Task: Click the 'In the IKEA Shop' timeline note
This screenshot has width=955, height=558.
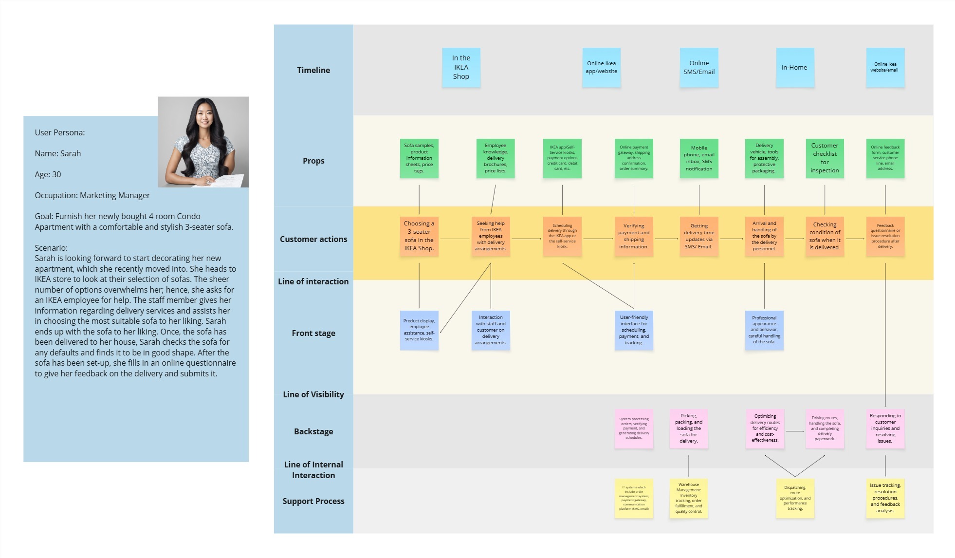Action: [x=461, y=67]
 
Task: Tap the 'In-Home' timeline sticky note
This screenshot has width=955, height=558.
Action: [x=794, y=67]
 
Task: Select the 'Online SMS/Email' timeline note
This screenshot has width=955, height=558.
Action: [x=699, y=67]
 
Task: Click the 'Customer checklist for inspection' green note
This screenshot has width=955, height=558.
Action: [x=825, y=158]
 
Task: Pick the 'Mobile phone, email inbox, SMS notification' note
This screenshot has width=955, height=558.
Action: [x=699, y=158]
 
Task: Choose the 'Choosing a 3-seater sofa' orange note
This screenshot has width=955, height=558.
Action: [x=419, y=236]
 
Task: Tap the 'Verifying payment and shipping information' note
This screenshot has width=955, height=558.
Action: [x=634, y=236]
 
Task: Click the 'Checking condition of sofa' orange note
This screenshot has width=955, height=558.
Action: [x=825, y=236]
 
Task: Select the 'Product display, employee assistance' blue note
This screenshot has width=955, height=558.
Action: [x=419, y=330]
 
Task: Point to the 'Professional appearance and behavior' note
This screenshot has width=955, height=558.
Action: [x=764, y=330]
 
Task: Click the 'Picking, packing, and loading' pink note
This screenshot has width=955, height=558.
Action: [x=689, y=428]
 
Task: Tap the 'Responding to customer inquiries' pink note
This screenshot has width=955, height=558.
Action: [x=885, y=428]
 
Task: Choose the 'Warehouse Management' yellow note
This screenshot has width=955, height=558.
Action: [x=689, y=498]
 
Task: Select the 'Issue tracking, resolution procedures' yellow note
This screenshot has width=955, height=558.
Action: [x=885, y=498]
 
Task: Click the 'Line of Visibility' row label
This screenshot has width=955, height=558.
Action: [x=313, y=394]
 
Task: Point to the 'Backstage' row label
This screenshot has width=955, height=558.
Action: [x=313, y=431]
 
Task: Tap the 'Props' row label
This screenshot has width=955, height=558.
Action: [x=313, y=161]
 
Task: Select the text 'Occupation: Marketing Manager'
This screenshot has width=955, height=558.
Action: [x=92, y=195]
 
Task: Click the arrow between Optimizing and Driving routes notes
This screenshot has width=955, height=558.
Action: [x=795, y=431]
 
